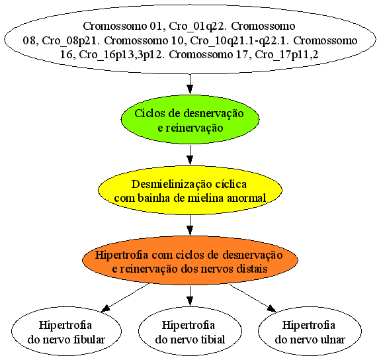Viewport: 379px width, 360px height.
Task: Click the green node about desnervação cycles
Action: tap(190, 119)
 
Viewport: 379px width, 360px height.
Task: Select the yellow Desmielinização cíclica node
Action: tap(190, 190)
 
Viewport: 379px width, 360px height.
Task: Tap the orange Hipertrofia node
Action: tap(190, 260)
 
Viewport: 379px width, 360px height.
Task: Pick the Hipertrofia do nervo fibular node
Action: tap(66, 332)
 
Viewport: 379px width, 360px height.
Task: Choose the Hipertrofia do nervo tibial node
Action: tap(190, 332)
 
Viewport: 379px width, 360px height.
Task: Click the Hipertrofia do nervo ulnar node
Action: tap(310, 332)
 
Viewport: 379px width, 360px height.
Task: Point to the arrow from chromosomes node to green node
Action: tap(190, 83)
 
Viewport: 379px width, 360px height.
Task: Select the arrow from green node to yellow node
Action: tap(190, 155)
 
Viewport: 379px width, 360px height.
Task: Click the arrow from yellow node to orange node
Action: tap(190, 226)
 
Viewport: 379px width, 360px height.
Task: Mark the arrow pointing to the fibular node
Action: tap(126, 297)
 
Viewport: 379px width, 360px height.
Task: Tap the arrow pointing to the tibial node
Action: tap(190, 296)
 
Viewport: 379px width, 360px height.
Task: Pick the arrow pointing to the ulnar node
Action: tap(253, 298)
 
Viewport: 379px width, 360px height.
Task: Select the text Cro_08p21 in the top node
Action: tap(71, 41)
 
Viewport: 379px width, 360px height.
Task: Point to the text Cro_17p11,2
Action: tap(286, 55)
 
